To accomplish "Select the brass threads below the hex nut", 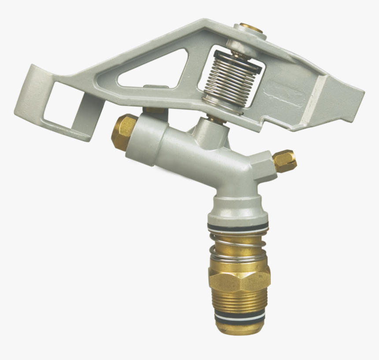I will click(238, 302).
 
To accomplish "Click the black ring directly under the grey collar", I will click(238, 227).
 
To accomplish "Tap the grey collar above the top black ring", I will click(238, 212).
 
